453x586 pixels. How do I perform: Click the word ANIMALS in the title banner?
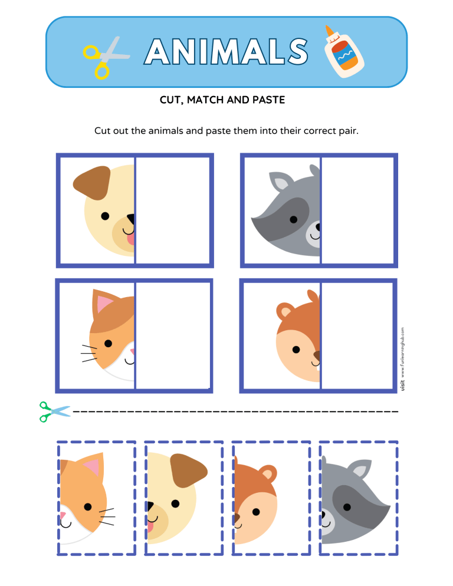[226, 52]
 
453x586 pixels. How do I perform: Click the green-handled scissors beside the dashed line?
[54, 411]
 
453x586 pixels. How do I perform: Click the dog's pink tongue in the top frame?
[130, 238]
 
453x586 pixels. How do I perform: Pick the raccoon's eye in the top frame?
[293, 219]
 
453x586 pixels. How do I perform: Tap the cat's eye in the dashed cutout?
[87, 506]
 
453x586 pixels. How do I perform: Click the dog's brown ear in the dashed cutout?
[189, 473]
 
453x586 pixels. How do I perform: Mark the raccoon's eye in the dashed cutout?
[346, 507]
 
